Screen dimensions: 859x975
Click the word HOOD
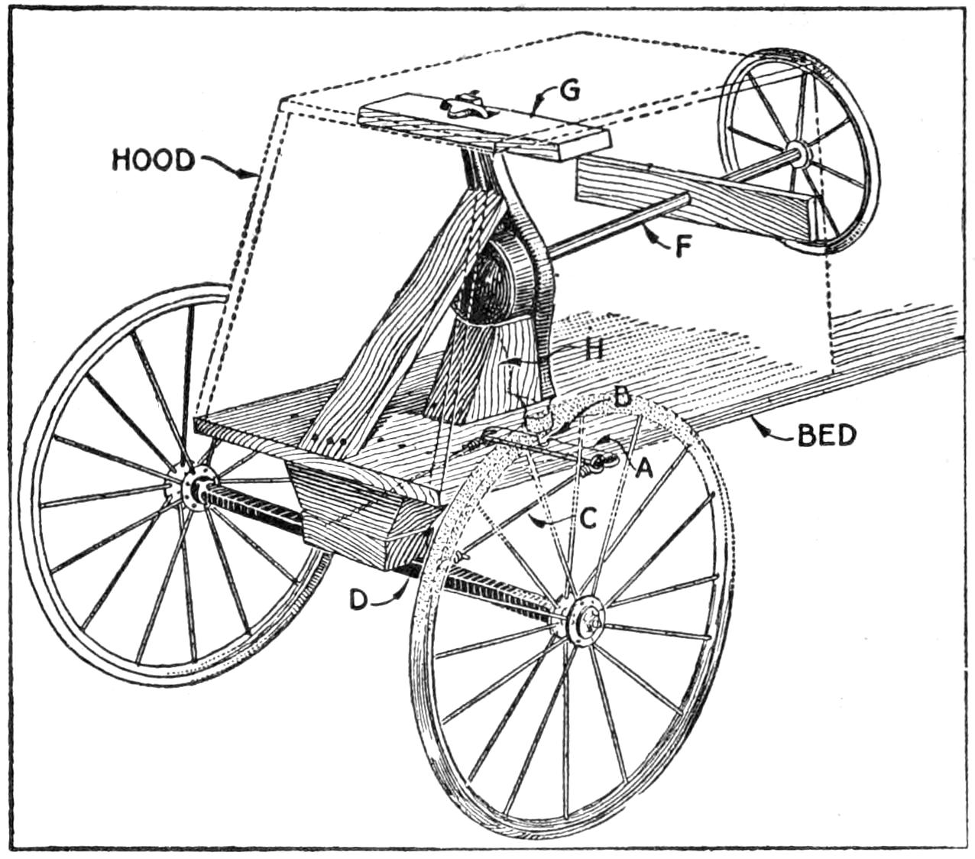point(153,160)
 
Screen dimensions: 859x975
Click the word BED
point(827,436)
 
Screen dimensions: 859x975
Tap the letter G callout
point(568,91)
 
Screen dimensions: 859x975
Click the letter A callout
point(643,469)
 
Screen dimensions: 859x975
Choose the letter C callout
point(587,517)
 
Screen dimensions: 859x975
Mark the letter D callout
point(358,600)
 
